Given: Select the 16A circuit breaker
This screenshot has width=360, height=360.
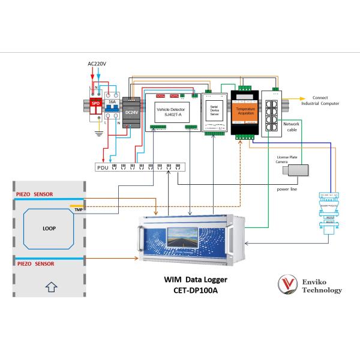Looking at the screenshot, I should [x=112, y=108].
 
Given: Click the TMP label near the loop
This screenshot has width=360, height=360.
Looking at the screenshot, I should [x=79, y=209].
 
